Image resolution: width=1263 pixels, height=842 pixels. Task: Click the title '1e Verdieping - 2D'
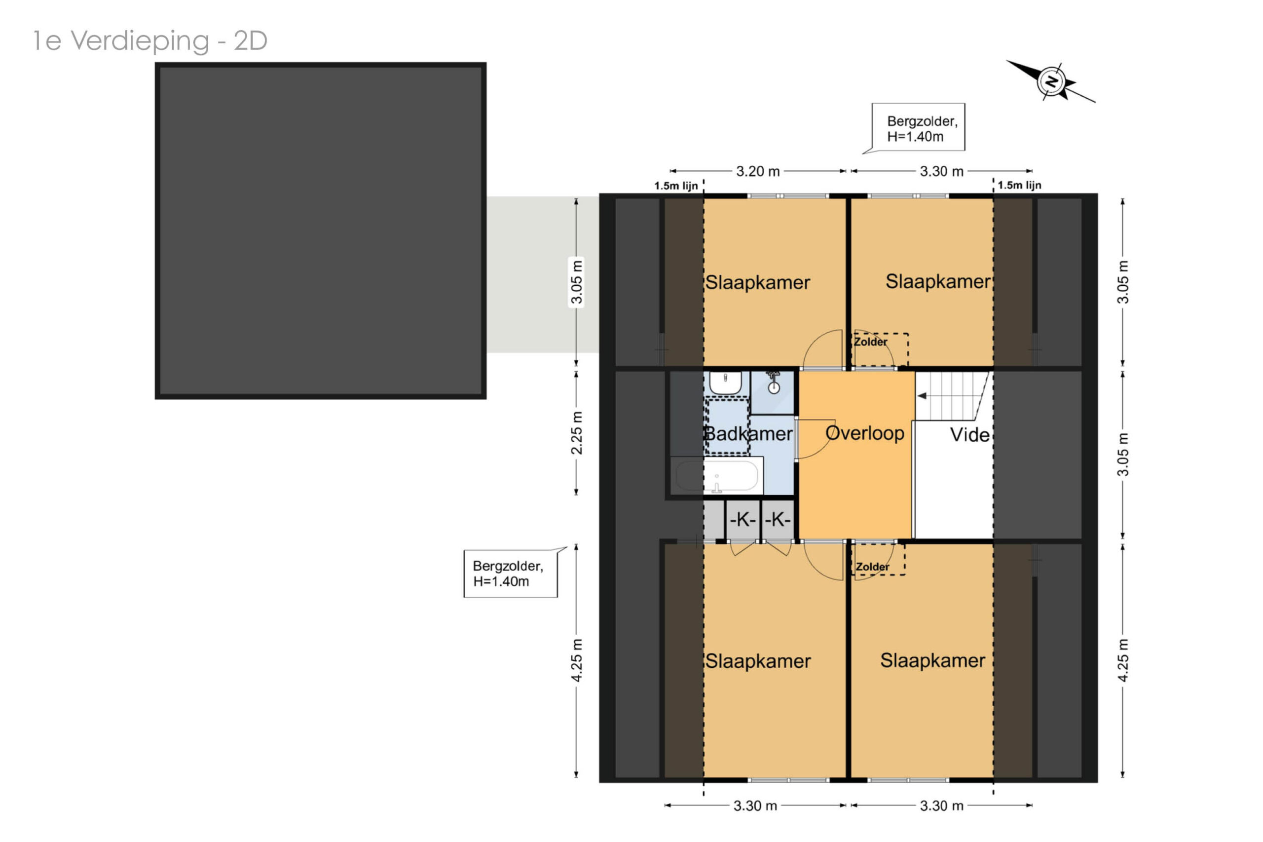pos(150,41)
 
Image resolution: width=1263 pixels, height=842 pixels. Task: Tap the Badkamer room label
pos(748,433)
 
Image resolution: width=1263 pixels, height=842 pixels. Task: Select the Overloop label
pos(865,433)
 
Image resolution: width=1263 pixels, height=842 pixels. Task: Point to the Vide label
pos(969,435)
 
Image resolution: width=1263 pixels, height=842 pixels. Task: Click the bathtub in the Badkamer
pos(716,476)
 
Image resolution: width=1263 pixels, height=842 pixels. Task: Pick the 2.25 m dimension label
pos(576,433)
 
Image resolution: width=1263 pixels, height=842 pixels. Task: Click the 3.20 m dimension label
pos(757,171)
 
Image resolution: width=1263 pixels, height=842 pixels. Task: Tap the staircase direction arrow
pos(921,396)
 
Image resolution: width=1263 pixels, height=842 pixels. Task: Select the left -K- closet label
pos(743,519)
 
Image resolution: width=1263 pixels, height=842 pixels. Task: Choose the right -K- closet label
pos(777,519)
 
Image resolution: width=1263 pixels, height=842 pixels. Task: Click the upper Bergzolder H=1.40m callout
pos(918,128)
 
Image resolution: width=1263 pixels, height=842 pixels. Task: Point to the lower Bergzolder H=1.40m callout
pos(511,573)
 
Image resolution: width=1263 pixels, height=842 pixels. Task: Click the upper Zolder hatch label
pos(871,342)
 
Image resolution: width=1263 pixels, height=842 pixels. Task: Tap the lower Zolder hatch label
pos(872,567)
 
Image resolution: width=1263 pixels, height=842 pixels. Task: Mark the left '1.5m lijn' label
pos(676,186)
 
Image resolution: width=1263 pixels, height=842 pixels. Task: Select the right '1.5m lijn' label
pos(1019,185)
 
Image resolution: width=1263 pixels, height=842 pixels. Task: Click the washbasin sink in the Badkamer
pos(726,383)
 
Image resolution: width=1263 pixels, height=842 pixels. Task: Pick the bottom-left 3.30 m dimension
pos(755,805)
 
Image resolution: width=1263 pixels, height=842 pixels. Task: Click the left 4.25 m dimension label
pos(576,660)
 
